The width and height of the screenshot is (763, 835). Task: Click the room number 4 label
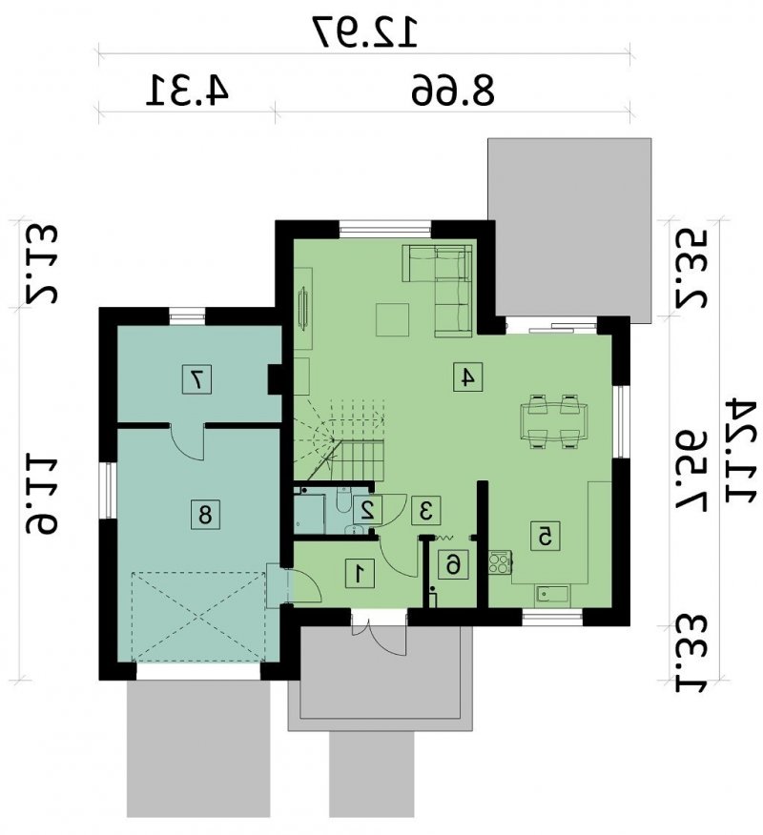(x=468, y=377)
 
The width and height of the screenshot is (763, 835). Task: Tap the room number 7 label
(x=196, y=379)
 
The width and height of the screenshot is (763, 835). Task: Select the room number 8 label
(x=205, y=515)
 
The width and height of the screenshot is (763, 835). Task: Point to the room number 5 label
(x=545, y=536)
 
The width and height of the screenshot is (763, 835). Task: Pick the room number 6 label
(x=452, y=564)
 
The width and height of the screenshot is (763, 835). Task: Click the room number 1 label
(x=360, y=574)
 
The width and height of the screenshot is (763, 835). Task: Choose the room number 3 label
(x=425, y=511)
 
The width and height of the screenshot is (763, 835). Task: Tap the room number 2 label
(x=367, y=510)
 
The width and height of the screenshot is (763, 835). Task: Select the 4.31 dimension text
(x=188, y=90)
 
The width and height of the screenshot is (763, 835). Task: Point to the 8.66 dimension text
(x=453, y=90)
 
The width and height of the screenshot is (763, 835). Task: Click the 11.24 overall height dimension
(x=741, y=452)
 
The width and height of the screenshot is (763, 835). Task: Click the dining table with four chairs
(x=554, y=421)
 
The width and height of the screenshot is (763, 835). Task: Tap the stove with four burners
(x=501, y=563)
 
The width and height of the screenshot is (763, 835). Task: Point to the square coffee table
(x=393, y=319)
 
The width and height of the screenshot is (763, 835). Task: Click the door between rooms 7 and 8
(x=187, y=441)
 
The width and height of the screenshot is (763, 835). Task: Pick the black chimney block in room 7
(x=276, y=379)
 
